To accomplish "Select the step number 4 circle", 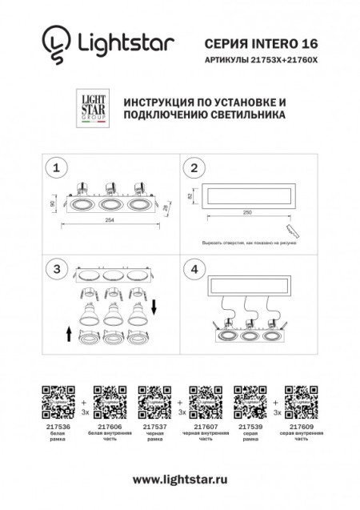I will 193,269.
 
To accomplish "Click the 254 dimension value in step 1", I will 111,221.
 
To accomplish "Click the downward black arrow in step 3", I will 154,305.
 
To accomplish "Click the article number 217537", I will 153,428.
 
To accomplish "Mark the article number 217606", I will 108,428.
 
